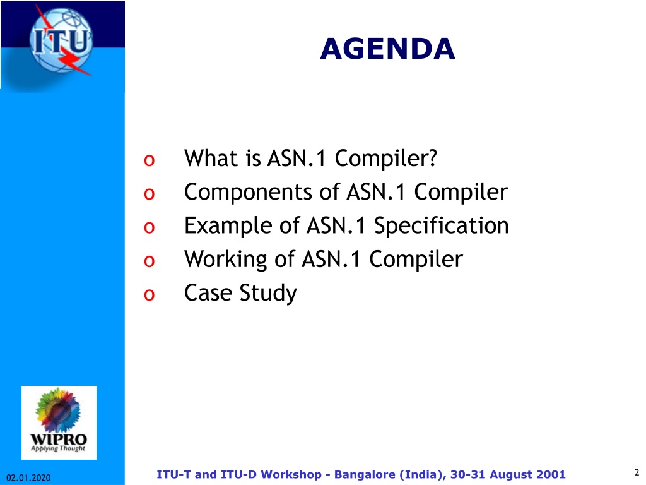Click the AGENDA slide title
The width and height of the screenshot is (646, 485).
click(388, 49)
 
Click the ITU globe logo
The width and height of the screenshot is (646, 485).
click(61, 40)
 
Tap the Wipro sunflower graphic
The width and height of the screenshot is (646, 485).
click(57, 410)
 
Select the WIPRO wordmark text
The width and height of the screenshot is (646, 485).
click(59, 440)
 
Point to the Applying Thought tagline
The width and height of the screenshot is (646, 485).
click(58, 448)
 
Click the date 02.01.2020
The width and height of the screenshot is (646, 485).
click(28, 477)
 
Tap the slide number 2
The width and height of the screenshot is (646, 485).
click(637, 472)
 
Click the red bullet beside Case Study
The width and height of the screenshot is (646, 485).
click(149, 294)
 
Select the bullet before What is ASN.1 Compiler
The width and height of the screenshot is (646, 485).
click(149, 160)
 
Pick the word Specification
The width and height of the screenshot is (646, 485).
click(441, 226)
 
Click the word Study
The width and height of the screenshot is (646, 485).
click(268, 294)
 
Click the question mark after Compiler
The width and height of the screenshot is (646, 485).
click(432, 158)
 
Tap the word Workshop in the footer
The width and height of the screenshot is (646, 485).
click(291, 475)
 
